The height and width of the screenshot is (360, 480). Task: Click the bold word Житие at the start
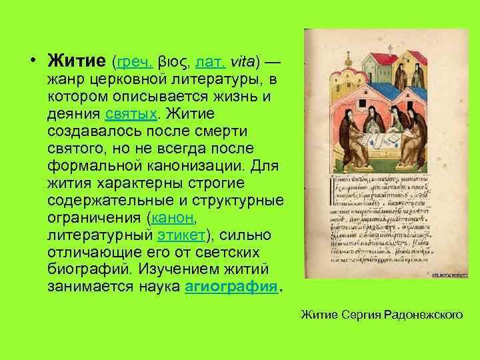coord(77,62)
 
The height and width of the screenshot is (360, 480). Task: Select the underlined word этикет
coord(181,234)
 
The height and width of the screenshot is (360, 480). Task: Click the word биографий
coord(83,269)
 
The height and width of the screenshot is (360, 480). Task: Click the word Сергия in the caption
coord(359,313)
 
